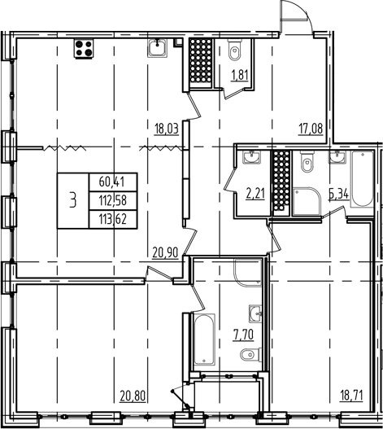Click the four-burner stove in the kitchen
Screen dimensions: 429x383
pos(83,48)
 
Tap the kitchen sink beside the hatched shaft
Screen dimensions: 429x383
pos(158,49)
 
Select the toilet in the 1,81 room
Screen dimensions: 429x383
pos(234,51)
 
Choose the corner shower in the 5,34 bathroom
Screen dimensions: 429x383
pos(307,204)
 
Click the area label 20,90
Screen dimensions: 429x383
pos(166,253)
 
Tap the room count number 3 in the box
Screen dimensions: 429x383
pos(74,200)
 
